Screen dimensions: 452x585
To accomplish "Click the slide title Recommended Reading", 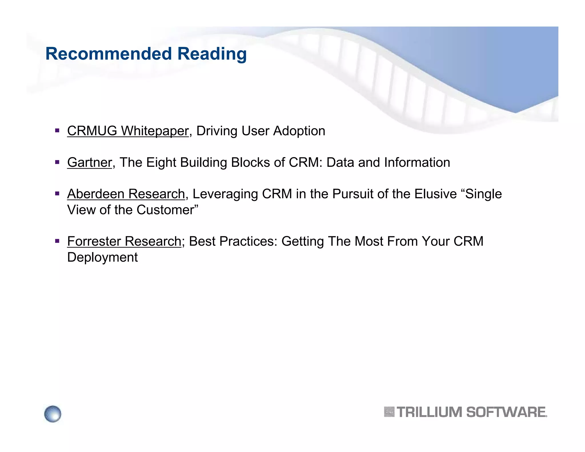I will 146,54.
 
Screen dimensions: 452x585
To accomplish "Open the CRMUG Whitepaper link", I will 128,131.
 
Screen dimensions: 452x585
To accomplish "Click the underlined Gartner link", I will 89,162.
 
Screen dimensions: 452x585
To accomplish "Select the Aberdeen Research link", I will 126,194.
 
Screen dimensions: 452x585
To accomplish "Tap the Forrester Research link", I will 124,241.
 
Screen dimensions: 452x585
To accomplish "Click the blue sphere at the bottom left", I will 53,413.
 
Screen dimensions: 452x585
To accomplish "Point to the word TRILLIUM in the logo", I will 429,412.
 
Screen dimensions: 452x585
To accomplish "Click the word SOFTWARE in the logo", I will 506,412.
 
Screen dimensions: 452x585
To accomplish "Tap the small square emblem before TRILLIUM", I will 389,412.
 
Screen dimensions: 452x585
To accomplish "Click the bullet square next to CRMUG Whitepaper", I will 57,131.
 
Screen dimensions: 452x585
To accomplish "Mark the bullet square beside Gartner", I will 57,162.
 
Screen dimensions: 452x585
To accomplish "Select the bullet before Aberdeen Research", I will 57,193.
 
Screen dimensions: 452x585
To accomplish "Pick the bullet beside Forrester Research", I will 57,241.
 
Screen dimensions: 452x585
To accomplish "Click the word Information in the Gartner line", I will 417,162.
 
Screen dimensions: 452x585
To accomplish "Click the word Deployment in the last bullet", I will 102,257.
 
